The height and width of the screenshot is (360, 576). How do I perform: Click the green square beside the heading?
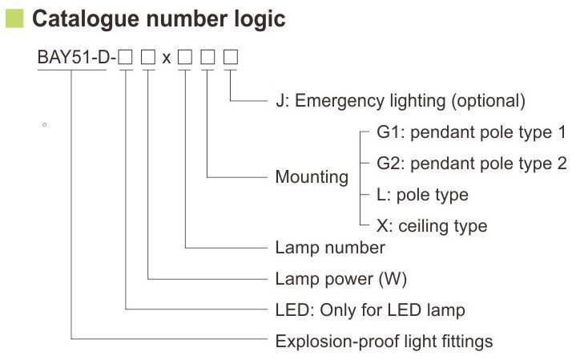coord(14,18)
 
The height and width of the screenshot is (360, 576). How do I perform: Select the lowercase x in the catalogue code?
coord(167,59)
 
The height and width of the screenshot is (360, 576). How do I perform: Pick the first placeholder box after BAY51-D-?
coord(126,59)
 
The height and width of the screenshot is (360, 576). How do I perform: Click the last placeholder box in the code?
coord(231,59)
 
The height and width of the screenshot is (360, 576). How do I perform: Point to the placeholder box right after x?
coord(185,59)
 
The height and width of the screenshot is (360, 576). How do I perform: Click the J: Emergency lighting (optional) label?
coord(400,101)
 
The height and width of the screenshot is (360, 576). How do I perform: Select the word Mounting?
coord(312,176)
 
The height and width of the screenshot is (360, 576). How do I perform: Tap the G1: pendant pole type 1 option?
coord(471,131)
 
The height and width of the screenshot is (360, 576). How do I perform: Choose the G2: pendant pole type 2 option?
coord(471,163)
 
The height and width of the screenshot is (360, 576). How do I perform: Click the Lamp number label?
coord(330,248)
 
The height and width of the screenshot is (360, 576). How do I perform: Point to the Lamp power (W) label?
coord(341,279)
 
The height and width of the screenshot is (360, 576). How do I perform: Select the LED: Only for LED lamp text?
coord(369,310)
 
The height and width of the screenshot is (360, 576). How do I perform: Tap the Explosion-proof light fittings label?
coord(384,342)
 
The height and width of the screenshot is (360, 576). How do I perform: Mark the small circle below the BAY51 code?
coord(45,125)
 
